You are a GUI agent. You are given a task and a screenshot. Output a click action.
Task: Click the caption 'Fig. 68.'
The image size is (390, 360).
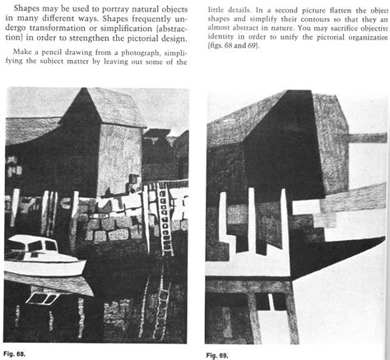[x=16, y=354]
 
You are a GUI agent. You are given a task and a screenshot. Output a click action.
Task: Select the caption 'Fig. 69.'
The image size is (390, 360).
[x=218, y=355]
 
